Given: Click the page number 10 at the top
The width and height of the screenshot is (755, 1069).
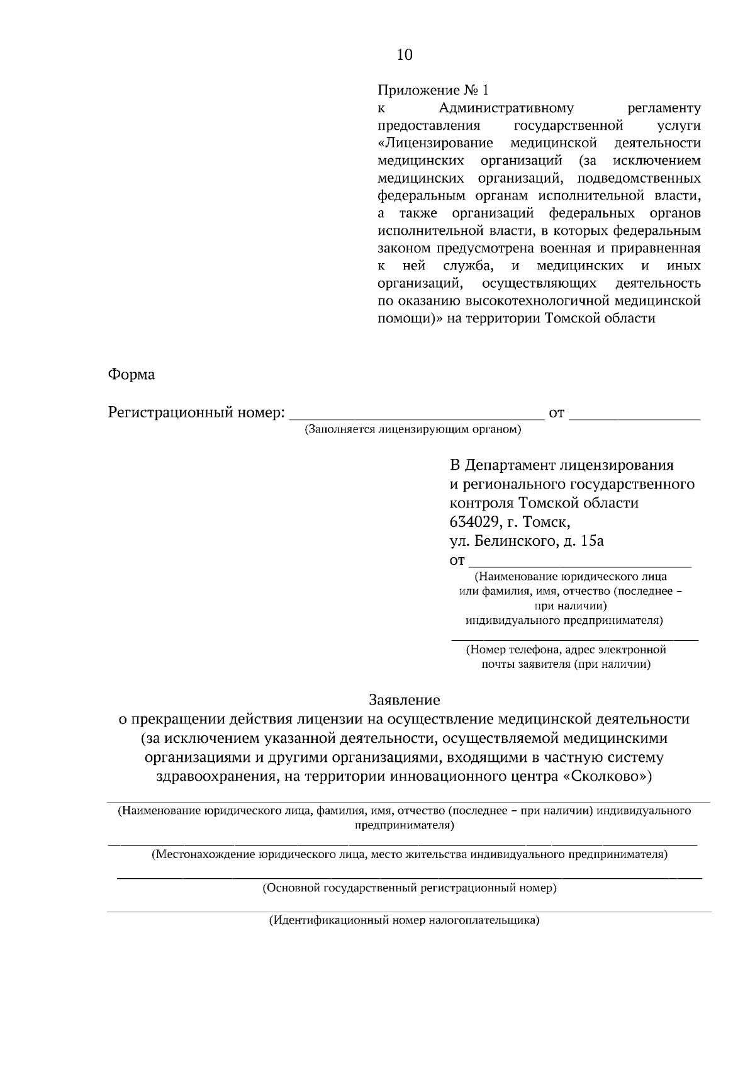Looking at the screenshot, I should coord(405,55).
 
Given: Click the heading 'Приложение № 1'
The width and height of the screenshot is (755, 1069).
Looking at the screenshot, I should coord(432,90).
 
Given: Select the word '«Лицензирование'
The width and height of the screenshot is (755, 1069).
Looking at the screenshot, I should coord(435,143).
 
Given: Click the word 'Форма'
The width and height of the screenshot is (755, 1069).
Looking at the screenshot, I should coord(131,375).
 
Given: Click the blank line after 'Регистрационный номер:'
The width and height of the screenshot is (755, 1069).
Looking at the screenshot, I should coord(418,416).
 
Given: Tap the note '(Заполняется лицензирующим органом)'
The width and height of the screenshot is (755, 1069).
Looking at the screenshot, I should coord(413,430).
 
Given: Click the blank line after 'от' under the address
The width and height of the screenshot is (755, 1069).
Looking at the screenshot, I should coord(580,562).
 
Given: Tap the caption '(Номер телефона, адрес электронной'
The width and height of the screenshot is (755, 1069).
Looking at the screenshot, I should coord(566,650).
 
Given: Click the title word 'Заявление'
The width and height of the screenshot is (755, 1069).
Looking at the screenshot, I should coord(404,700).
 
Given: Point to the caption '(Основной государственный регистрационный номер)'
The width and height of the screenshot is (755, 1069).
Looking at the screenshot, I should coord(409,888).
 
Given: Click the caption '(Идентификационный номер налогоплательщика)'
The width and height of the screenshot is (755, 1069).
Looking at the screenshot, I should coord(405,920).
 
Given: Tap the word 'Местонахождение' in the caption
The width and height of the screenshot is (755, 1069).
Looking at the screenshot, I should coord(203,855).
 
